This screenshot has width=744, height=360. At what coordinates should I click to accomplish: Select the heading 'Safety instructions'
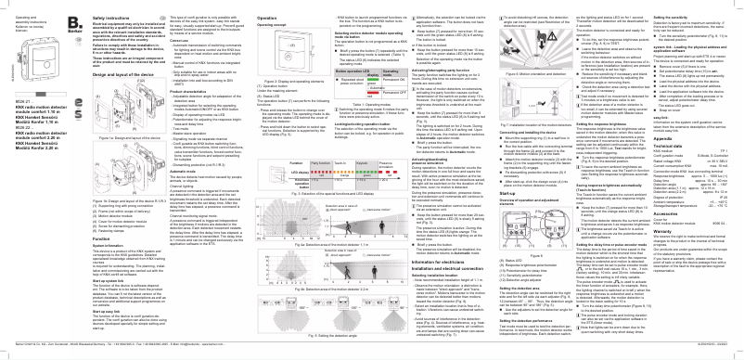(118, 6)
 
